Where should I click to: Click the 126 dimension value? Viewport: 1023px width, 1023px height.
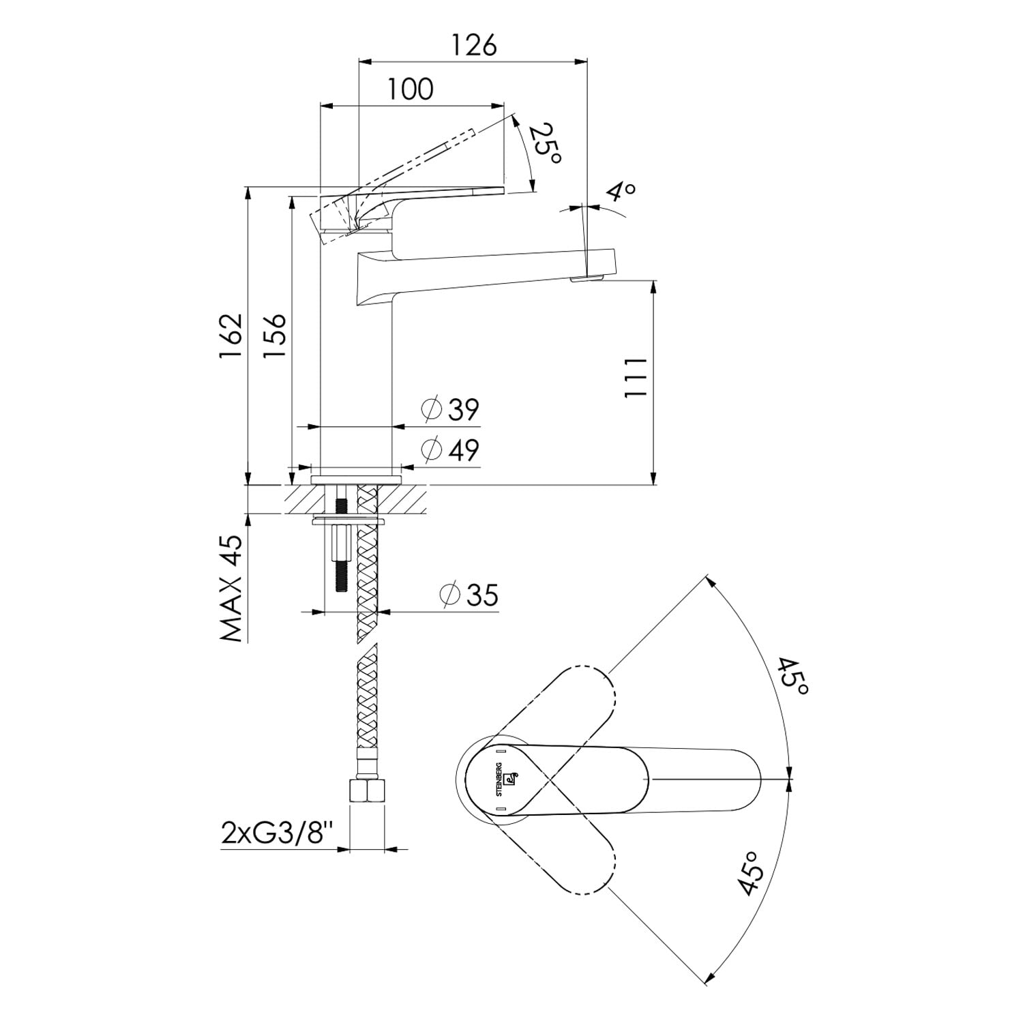click(474, 45)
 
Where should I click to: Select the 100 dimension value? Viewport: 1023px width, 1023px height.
click(411, 89)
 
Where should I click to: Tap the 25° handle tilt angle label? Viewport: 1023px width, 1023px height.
click(546, 143)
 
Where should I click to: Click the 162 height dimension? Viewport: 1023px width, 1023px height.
click(231, 336)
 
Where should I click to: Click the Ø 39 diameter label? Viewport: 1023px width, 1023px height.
click(450, 409)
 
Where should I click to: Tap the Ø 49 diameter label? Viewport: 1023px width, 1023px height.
click(450, 450)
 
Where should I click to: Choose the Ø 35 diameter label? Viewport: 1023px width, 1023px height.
click(469, 595)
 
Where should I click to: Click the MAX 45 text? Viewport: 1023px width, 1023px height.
click(231, 588)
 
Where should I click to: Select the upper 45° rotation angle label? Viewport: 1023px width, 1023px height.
click(793, 677)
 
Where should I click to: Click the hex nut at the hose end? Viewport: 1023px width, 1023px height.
click(367, 791)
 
